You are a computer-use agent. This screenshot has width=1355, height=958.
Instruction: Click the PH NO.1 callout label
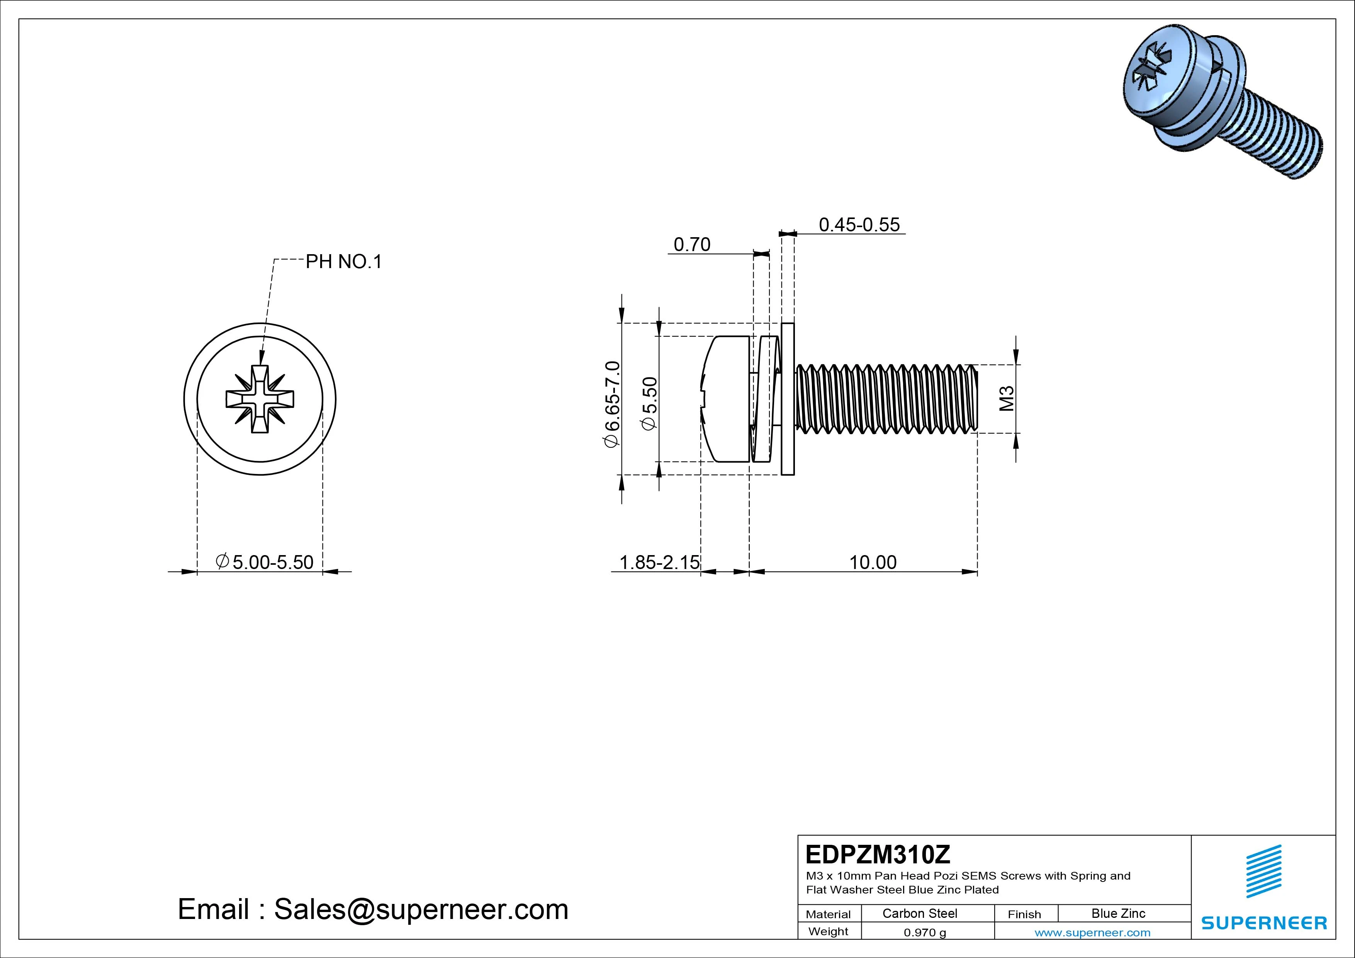tap(343, 262)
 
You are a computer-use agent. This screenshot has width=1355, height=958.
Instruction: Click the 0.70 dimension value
tap(692, 245)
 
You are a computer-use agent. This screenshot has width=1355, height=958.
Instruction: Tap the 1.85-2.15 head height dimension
tap(659, 562)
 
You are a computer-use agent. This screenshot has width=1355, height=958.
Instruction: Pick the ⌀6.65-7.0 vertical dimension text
tap(611, 404)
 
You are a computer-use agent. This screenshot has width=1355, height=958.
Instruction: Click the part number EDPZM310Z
tap(878, 854)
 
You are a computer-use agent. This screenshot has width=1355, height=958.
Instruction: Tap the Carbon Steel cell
tap(919, 913)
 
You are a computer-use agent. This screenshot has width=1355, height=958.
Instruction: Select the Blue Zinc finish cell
tap(1118, 913)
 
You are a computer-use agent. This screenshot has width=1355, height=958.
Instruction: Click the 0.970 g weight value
tap(925, 933)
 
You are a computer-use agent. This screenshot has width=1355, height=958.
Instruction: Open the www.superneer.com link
tap(1092, 933)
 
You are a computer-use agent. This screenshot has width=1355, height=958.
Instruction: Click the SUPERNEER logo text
tap(1264, 922)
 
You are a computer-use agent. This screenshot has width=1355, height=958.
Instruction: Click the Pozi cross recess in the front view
tap(260, 399)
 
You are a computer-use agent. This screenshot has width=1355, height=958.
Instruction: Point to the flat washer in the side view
tap(787, 399)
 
